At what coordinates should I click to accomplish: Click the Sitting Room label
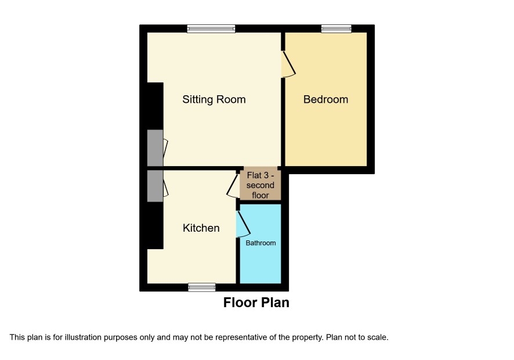click(x=213, y=99)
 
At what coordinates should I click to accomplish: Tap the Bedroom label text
click(x=325, y=99)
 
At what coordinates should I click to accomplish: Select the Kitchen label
click(x=201, y=228)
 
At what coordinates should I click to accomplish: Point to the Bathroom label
click(x=260, y=243)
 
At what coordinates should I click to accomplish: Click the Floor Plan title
click(x=256, y=303)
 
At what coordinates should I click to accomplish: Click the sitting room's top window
click(x=211, y=29)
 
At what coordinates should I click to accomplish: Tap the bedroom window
click(x=336, y=29)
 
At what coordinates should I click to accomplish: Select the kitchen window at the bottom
click(x=202, y=287)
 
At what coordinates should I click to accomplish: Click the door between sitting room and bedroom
click(x=289, y=64)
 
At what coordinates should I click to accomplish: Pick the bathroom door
click(x=244, y=224)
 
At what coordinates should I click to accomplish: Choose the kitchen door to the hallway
click(x=233, y=186)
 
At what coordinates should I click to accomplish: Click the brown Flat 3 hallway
click(x=260, y=185)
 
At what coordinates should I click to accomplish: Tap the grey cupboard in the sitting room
click(x=155, y=148)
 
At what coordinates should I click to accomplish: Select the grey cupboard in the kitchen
click(x=155, y=186)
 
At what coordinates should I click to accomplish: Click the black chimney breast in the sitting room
click(x=155, y=106)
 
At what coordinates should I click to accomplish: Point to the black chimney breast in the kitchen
click(x=155, y=225)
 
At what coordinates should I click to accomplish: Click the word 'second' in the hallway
click(x=260, y=185)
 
